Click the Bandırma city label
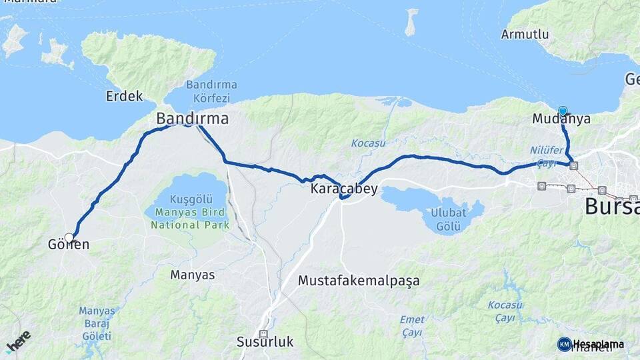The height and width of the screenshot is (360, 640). click(192, 119)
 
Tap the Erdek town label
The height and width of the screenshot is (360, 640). click(125, 96)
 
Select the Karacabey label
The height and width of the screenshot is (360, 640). click(344, 189)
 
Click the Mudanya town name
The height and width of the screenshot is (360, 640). click(561, 119)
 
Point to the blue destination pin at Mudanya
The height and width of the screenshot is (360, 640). click(563, 111)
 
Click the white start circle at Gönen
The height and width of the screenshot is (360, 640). click(69, 237)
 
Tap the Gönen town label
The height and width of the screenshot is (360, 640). click(69, 245)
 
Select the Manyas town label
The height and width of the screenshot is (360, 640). click(193, 275)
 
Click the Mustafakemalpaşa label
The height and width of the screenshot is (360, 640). click(359, 281)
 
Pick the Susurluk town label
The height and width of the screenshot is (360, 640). click(265, 342)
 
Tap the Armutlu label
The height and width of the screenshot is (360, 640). click(525, 34)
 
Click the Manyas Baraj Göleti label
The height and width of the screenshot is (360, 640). click(97, 323)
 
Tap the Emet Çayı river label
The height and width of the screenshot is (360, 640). click(412, 326)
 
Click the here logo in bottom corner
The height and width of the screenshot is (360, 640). click(18, 341)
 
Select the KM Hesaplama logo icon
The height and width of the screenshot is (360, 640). click(564, 344)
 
